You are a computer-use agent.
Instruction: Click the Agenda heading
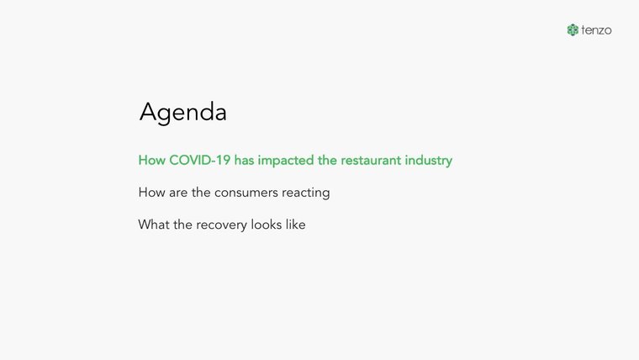(x=183, y=112)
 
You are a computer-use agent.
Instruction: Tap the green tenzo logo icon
(x=573, y=29)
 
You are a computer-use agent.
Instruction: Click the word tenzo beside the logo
(x=596, y=30)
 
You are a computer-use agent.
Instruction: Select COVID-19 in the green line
(x=200, y=160)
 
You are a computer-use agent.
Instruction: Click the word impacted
(x=286, y=161)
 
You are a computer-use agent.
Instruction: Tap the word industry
(x=428, y=161)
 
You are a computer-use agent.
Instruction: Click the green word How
(x=151, y=160)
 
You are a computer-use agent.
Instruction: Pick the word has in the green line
(x=244, y=160)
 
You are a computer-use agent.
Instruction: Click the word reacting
(x=306, y=193)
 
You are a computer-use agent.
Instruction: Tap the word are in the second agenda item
(x=178, y=193)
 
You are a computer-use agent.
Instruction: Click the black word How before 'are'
(x=151, y=193)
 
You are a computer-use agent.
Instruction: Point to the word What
(x=154, y=225)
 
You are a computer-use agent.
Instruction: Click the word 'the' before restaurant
(x=327, y=160)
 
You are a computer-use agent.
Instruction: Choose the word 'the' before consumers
(x=201, y=193)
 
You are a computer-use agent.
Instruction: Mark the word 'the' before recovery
(x=182, y=225)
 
